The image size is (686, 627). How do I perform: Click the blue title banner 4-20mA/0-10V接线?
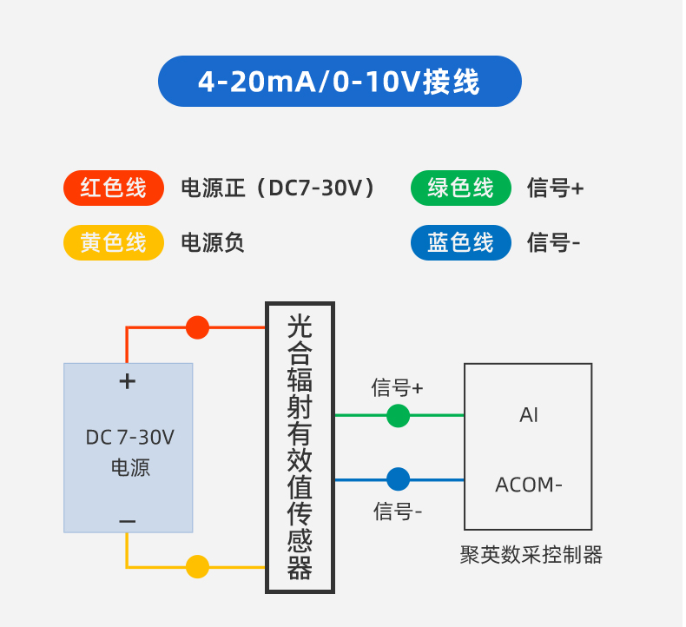click(x=340, y=82)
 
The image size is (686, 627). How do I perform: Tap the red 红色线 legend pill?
click(x=114, y=188)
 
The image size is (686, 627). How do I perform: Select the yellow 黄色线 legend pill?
click(x=114, y=242)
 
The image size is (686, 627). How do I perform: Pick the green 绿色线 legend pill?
click(x=461, y=188)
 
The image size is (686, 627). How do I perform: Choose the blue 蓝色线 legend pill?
click(x=461, y=242)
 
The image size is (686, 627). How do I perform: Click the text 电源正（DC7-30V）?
click(x=278, y=188)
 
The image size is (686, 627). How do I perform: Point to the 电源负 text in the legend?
click(x=213, y=242)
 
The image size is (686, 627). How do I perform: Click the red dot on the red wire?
click(x=198, y=327)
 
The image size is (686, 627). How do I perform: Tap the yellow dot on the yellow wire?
click(x=198, y=567)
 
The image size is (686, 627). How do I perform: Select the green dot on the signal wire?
click(x=398, y=416)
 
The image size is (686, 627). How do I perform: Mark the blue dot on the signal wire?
click(x=398, y=478)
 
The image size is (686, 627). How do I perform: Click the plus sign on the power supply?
click(x=128, y=380)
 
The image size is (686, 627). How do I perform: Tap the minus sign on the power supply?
click(x=128, y=521)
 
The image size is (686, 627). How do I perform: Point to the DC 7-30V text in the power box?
click(x=129, y=437)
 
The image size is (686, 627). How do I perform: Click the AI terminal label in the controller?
click(x=529, y=415)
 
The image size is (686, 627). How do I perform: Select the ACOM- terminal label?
click(x=529, y=485)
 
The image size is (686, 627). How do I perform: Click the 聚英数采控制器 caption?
click(x=531, y=555)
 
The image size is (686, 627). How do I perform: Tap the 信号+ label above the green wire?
click(x=398, y=387)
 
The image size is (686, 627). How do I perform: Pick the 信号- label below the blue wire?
click(x=398, y=511)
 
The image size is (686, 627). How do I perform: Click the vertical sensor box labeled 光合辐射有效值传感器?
click(x=300, y=447)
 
